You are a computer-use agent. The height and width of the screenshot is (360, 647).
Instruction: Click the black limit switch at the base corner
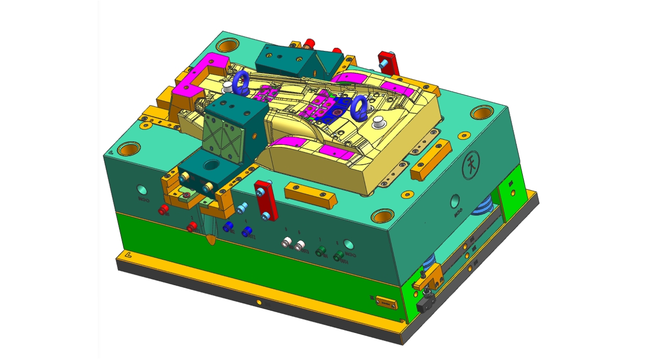(x=425, y=303)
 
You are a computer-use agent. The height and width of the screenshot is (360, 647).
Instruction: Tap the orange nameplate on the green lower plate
(x=386, y=302)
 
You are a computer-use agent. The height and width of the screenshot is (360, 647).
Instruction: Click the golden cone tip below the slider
(x=210, y=239)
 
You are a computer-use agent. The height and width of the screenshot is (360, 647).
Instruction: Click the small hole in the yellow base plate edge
(x=258, y=301)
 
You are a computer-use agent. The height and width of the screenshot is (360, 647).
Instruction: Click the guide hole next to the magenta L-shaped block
(x=227, y=45)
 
